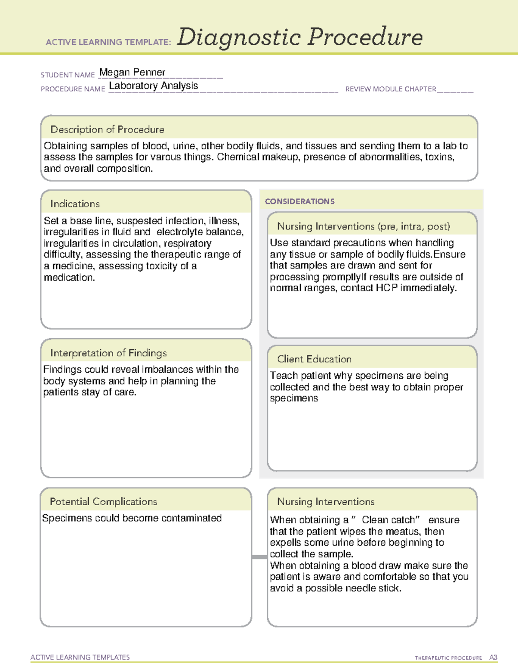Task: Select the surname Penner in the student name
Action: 149,72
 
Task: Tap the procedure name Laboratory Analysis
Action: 153,86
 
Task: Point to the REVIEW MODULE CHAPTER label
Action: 391,89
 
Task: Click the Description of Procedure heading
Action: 107,129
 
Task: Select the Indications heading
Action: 75,204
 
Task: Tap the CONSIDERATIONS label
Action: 300,201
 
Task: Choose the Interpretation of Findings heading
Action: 108,353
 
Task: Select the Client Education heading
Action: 314,359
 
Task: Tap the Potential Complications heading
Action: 103,501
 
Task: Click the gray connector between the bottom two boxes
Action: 259,557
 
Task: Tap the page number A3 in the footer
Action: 493,657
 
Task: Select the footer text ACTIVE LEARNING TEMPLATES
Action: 80,657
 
